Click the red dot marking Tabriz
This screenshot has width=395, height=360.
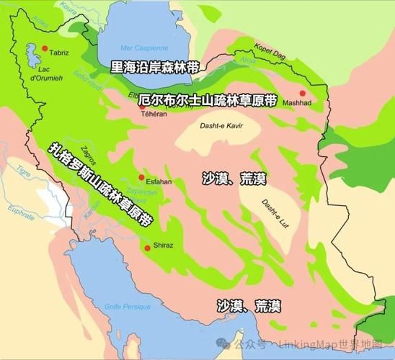[x=45, y=49]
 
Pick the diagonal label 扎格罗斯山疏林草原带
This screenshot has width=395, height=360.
[x=101, y=184]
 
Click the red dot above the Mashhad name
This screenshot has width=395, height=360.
[x=302, y=93]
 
